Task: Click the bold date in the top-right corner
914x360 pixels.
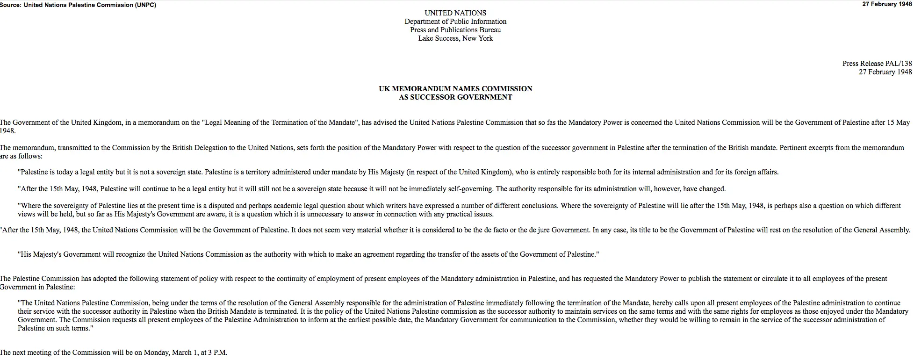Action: point(887,4)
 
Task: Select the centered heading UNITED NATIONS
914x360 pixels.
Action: point(455,13)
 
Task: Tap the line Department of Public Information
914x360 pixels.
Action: point(455,22)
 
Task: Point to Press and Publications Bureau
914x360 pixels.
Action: point(455,30)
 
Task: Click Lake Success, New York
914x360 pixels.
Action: point(455,38)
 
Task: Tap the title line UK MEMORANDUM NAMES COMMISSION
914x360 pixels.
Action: point(455,89)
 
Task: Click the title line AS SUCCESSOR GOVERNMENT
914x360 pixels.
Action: point(455,97)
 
